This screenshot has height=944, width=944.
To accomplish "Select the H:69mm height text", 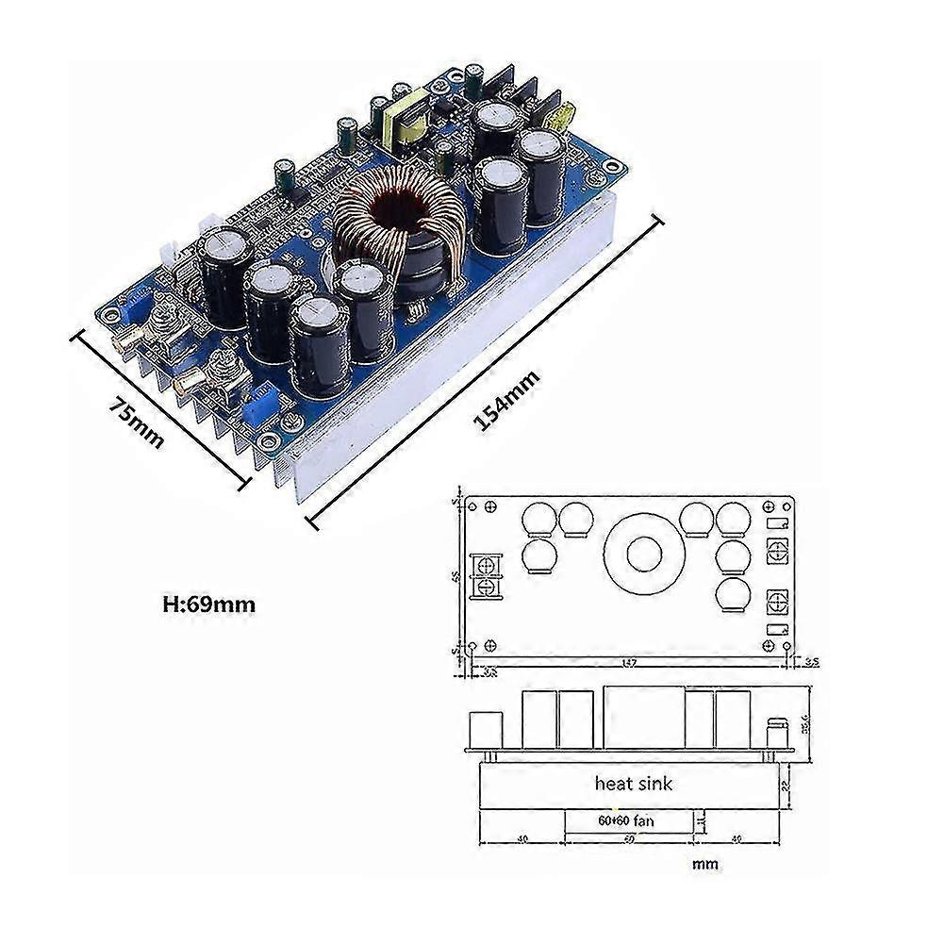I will point(208,604).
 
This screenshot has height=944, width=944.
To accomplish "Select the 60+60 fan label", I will point(624,820).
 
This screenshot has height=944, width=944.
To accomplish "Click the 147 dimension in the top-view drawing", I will point(630,663).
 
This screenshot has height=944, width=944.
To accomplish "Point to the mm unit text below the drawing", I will point(704,863).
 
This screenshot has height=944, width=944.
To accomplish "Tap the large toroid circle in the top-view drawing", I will point(638,555).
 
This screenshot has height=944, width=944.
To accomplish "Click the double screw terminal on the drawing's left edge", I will point(488,576).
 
